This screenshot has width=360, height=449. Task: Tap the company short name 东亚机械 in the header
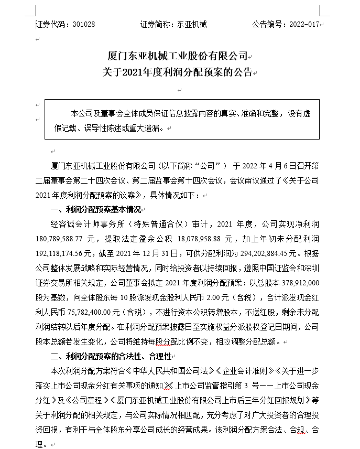(192, 24)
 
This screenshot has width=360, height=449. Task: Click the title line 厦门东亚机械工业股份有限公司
(180, 56)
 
